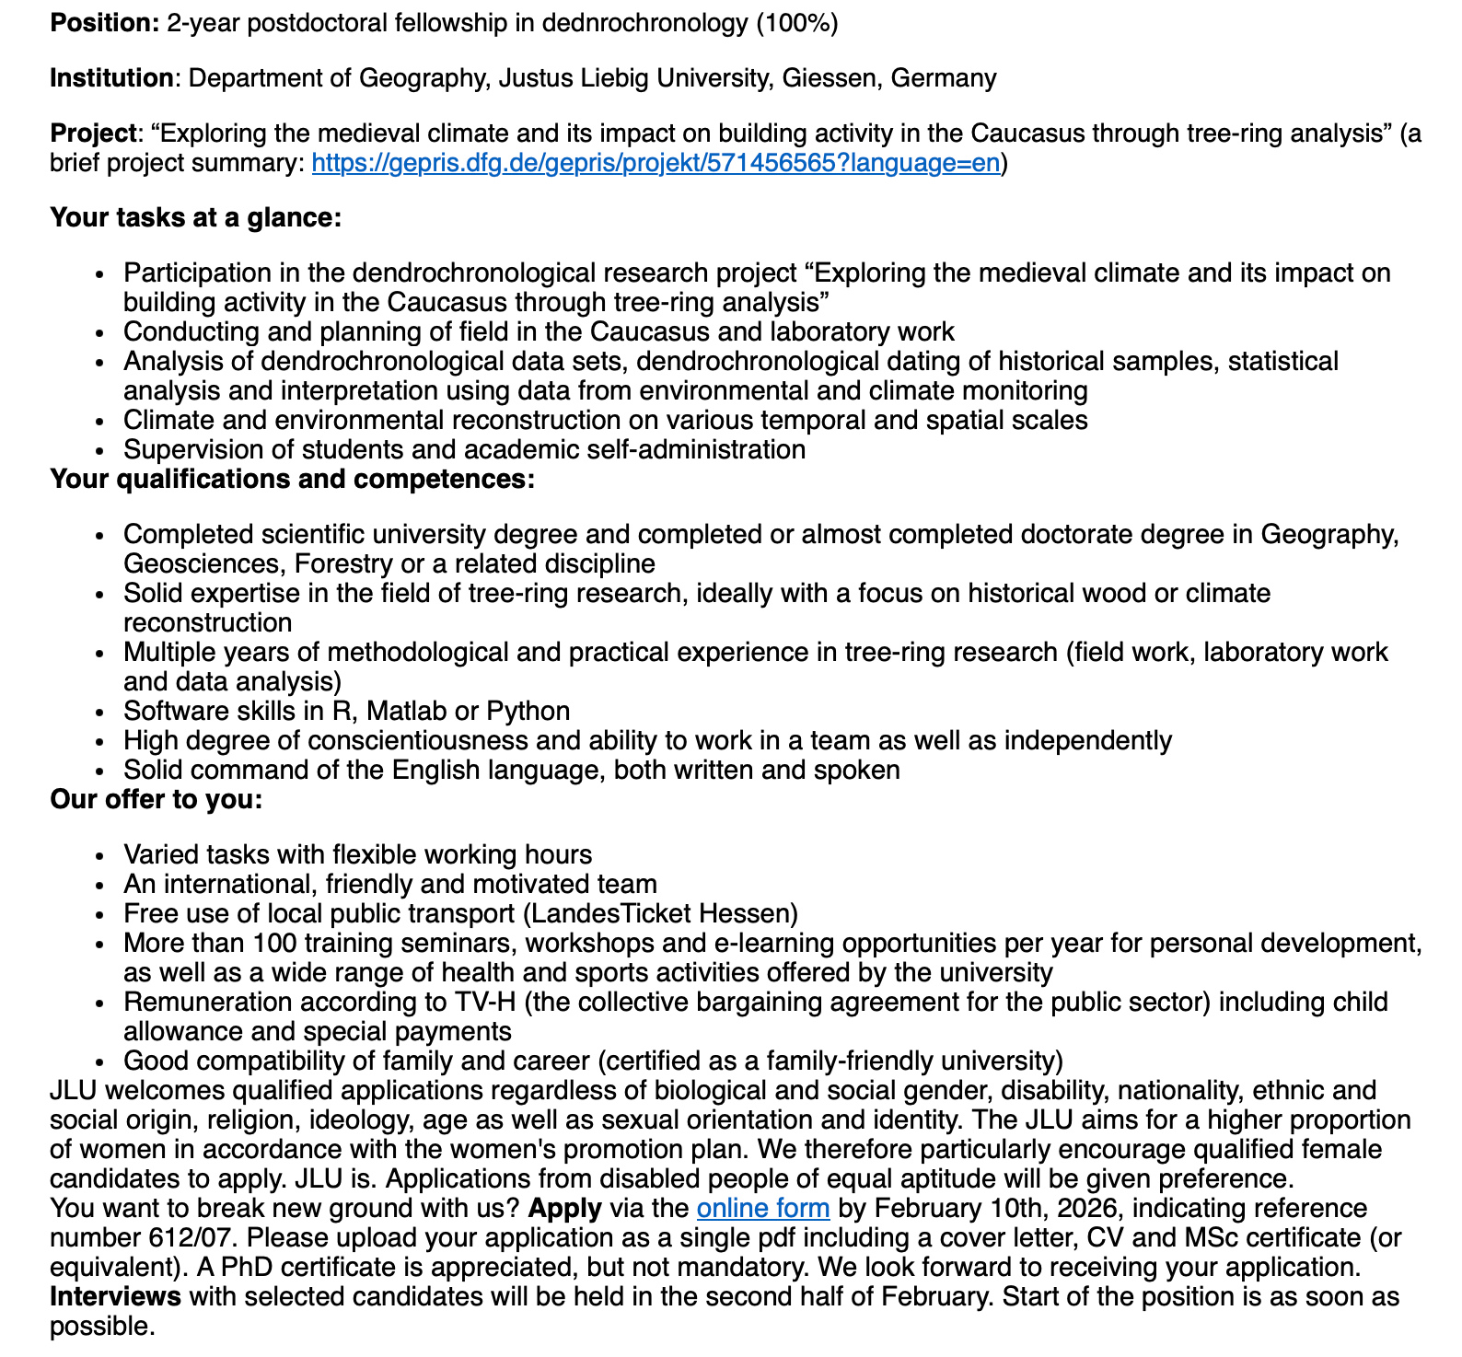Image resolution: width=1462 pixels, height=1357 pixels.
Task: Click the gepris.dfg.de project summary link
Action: click(656, 164)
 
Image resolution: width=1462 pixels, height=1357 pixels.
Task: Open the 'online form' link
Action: click(763, 1209)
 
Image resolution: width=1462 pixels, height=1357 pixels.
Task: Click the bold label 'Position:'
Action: click(105, 23)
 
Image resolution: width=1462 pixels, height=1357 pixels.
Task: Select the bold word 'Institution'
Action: click(111, 78)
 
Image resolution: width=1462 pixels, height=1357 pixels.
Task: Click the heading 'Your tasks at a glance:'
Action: click(196, 218)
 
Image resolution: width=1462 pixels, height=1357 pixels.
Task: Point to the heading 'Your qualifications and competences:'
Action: click(292, 480)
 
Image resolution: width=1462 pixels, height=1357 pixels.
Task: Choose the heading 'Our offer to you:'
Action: click(157, 800)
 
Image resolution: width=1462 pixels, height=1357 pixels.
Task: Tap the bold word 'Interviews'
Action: click(115, 1297)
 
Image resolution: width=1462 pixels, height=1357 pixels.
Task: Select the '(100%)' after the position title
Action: click(796, 23)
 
